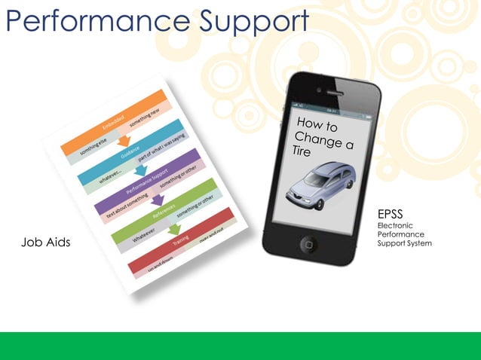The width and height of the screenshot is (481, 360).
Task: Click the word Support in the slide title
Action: point(249,23)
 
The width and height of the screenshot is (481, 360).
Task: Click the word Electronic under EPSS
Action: point(395,225)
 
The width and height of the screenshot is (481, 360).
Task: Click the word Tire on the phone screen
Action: point(302,151)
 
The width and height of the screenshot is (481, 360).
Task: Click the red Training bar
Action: point(181,244)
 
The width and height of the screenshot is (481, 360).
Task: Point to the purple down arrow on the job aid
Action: point(158,200)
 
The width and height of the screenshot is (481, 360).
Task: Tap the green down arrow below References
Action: point(175,230)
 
